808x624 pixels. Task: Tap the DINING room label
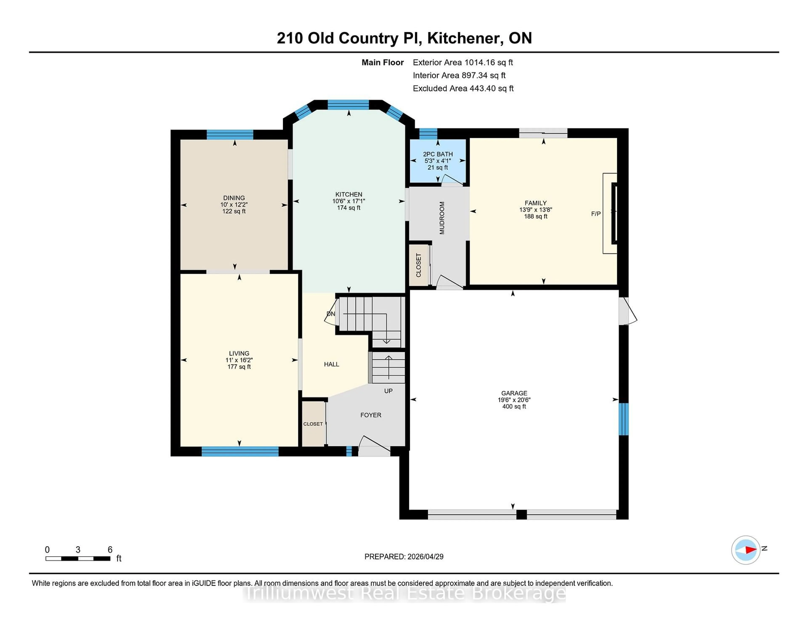234,198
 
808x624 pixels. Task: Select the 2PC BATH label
438,154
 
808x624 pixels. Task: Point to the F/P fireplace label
596,214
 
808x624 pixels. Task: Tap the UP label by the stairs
388,391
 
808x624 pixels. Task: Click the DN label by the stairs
331,314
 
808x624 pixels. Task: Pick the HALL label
331,364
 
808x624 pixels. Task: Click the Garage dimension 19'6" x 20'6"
514,400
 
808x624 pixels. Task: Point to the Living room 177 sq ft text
239,367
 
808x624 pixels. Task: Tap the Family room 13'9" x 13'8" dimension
535,210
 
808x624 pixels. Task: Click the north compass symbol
746,550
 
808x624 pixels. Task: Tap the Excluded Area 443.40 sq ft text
463,88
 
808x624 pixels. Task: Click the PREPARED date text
404,556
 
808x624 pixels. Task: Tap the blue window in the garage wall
623,419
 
